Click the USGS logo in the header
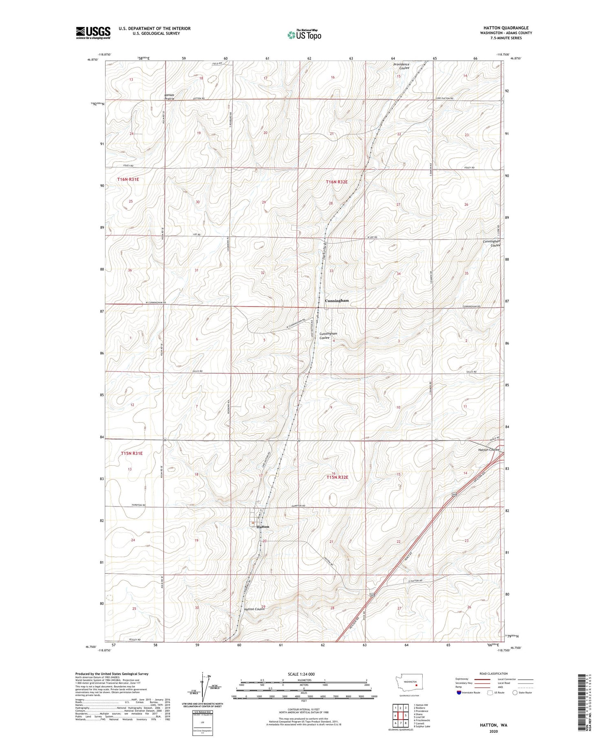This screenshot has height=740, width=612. [93, 33]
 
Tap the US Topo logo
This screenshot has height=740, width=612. [304, 35]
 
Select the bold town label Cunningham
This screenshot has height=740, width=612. [337, 301]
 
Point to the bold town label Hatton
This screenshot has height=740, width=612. [263, 527]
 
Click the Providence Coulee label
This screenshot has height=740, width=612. [401, 66]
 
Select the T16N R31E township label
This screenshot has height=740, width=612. [128, 179]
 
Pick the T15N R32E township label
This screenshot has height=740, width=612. [337, 477]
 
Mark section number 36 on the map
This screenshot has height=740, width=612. [130, 270]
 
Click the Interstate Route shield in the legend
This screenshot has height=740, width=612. [459, 692]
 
